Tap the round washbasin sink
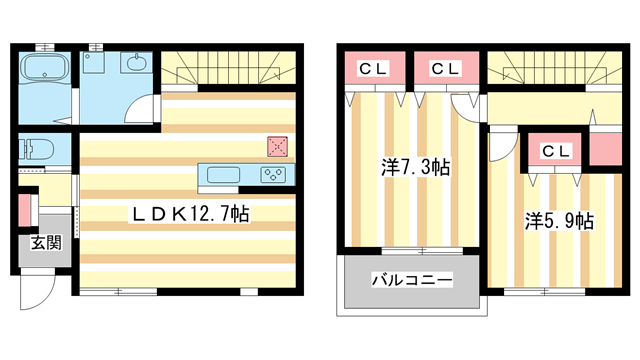136,65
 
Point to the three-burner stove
271,176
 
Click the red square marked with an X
278,146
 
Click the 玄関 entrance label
43,243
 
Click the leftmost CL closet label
375,69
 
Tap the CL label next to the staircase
446,69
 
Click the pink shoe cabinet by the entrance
25,213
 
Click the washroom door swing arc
145,108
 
